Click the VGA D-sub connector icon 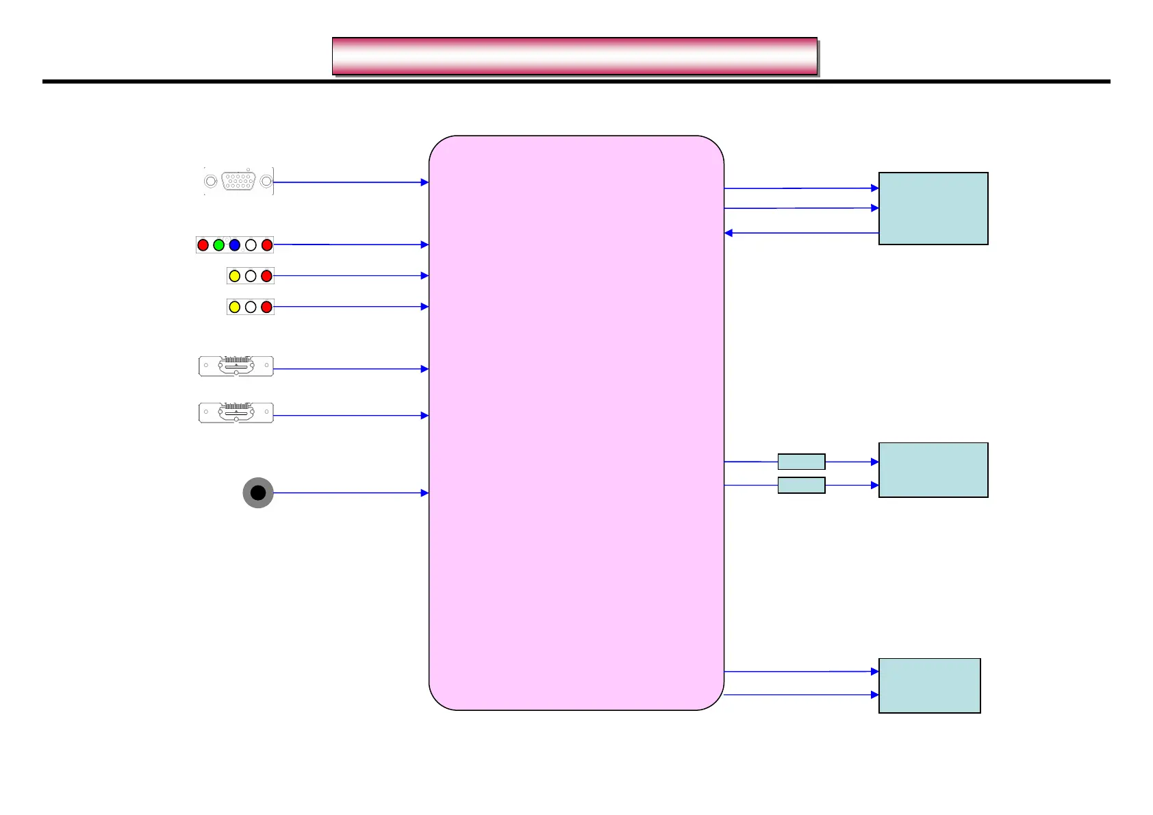238,181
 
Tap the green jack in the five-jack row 218,244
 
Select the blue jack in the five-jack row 235,244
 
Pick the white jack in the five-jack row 251,244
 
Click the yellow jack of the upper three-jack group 234,276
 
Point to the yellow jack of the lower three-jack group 234,307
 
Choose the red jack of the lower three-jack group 266,307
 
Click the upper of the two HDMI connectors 236,366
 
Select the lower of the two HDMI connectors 236,412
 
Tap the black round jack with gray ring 258,492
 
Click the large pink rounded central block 576,423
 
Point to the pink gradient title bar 574,56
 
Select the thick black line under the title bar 576,81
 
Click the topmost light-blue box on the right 933,208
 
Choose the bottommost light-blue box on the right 929,686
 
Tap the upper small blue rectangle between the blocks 801,462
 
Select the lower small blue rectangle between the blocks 801,485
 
